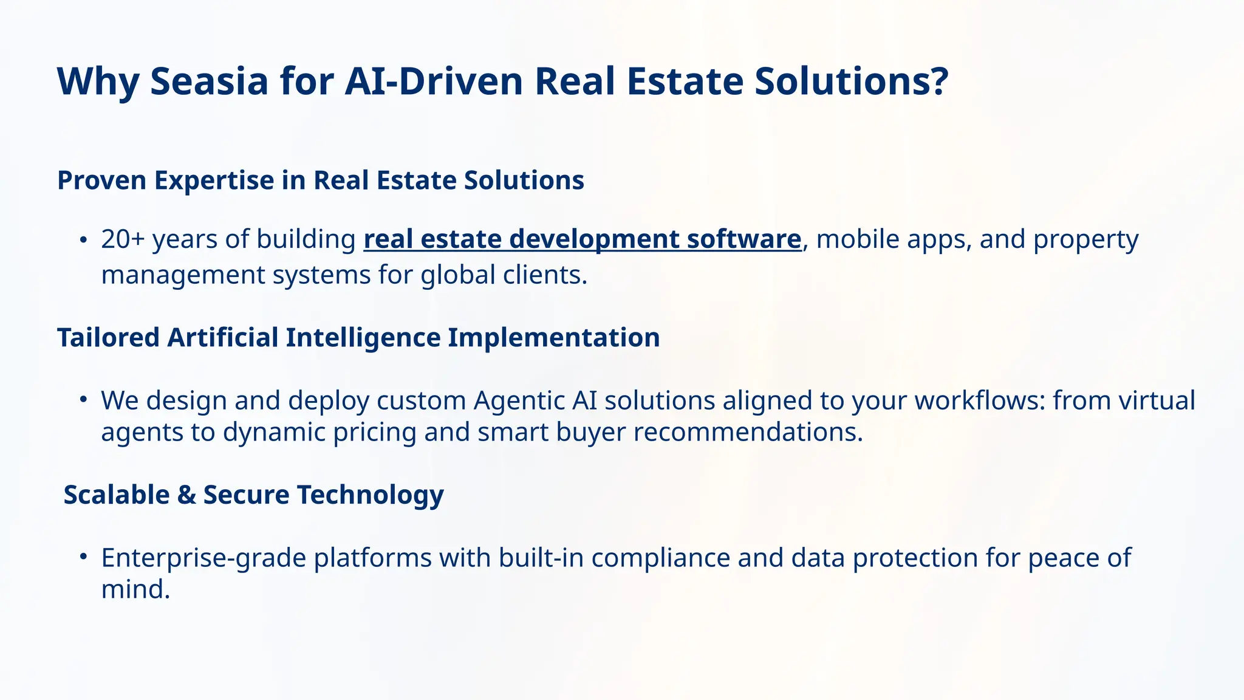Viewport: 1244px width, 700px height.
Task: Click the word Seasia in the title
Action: pos(209,81)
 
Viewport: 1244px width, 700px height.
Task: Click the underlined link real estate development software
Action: pos(583,239)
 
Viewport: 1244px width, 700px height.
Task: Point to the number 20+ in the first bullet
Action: pos(123,239)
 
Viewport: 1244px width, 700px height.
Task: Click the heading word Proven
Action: pos(101,180)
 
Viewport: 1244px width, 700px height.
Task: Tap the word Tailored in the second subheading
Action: pos(108,337)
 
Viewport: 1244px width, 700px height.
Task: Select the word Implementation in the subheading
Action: pos(553,337)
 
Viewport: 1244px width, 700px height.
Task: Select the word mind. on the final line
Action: pos(135,589)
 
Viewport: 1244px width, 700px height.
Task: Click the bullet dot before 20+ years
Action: pos(84,239)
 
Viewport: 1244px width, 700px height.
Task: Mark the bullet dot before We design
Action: pos(84,400)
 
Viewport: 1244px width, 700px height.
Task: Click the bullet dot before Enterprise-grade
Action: pos(84,557)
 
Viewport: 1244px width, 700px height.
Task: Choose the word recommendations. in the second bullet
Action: pos(748,432)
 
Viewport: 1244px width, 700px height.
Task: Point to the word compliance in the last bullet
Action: pos(660,558)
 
